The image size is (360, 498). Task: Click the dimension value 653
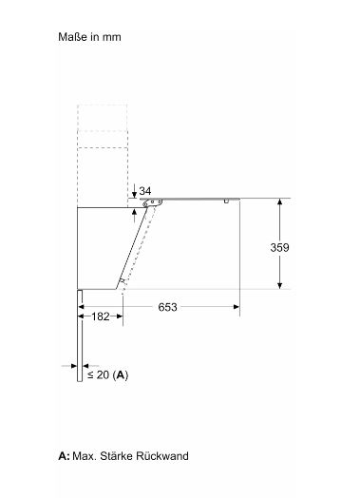(167, 307)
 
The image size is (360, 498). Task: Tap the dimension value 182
(101, 316)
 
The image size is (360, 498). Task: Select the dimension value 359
(279, 247)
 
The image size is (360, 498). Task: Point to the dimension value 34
(145, 191)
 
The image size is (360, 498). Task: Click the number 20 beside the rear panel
(103, 374)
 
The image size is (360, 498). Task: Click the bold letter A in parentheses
(121, 375)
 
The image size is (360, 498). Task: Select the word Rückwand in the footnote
(162, 456)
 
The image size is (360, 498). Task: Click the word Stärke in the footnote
(116, 456)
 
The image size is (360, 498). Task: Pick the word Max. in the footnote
(85, 456)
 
